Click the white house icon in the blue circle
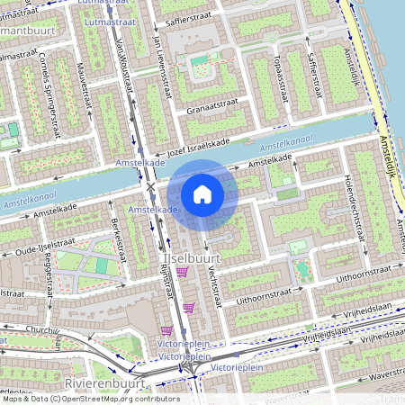tap(202, 193)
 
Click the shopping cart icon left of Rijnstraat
tap(166, 330)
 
